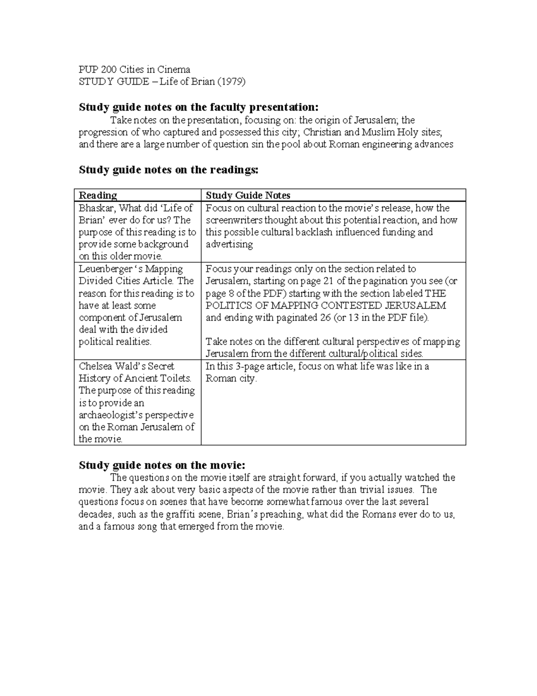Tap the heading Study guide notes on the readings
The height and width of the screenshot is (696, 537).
click(x=168, y=170)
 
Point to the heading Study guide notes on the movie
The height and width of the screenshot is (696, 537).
click(x=162, y=465)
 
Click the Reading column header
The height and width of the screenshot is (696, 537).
click(x=98, y=195)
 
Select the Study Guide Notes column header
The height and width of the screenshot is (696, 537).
click(x=247, y=195)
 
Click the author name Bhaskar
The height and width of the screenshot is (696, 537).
click(x=96, y=208)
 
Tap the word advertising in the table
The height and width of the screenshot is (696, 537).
click(x=229, y=244)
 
